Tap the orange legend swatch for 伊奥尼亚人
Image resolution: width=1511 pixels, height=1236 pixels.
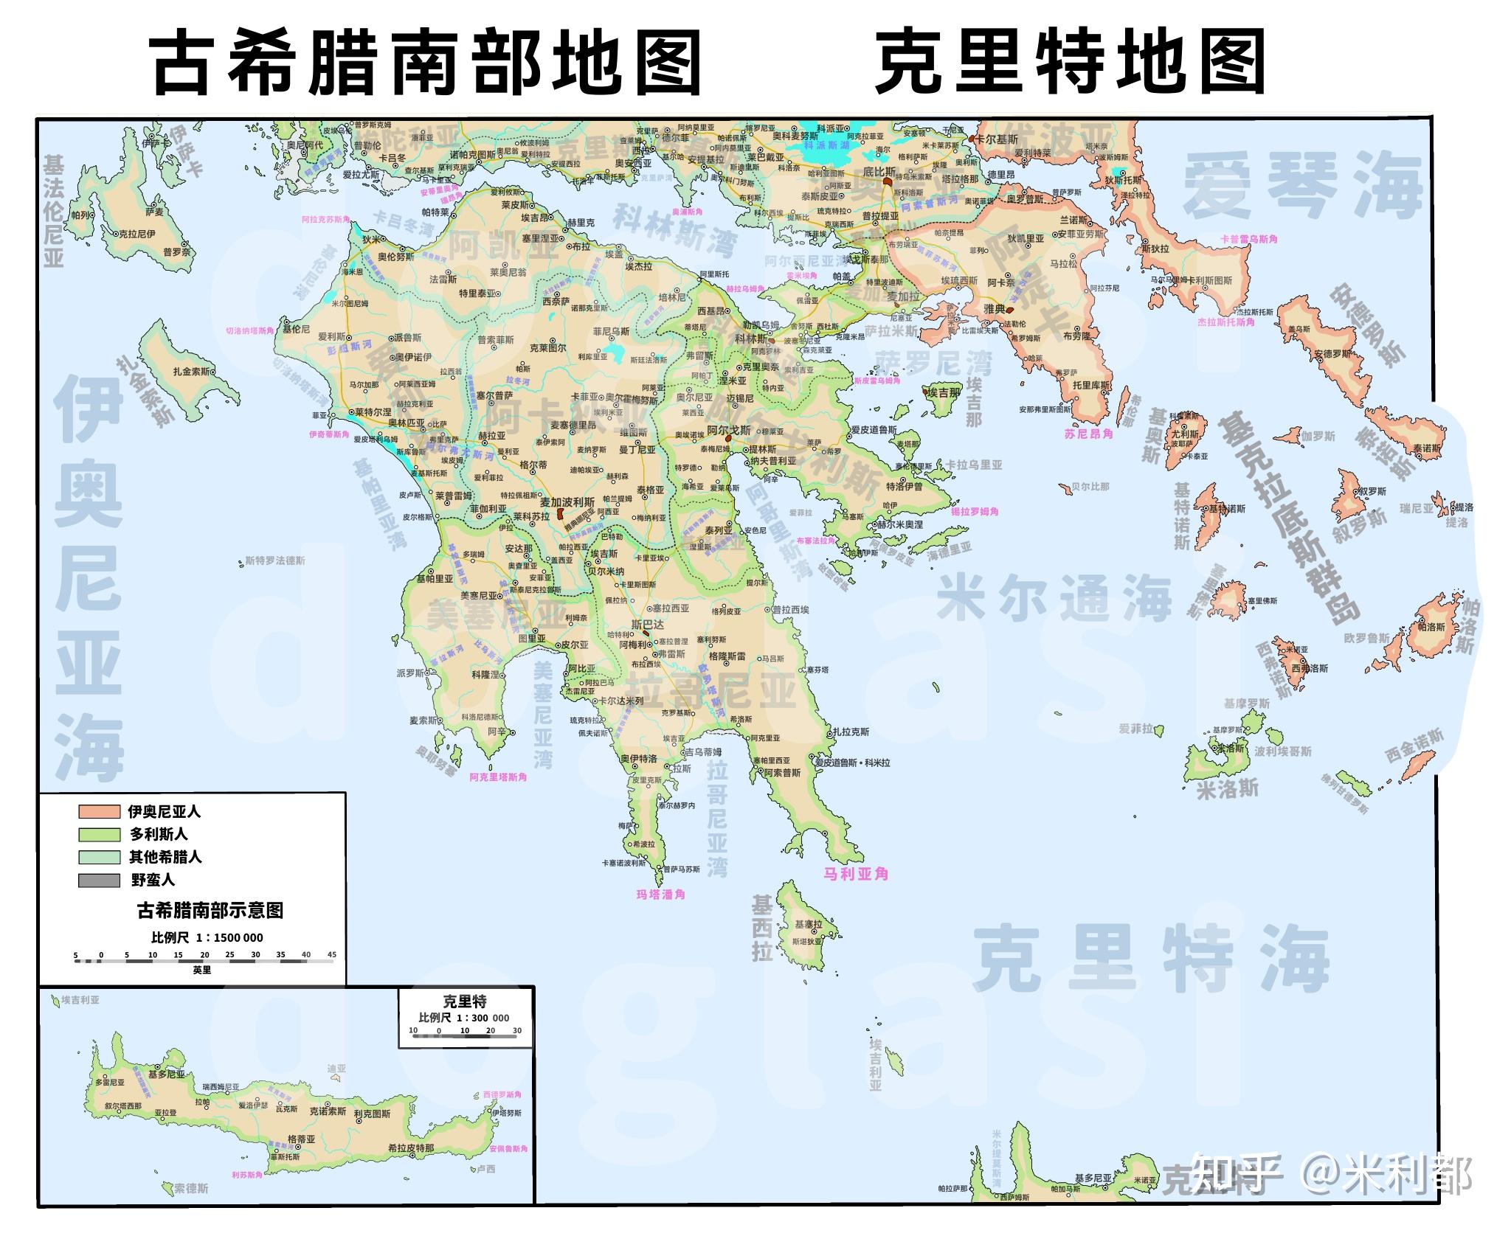click(x=99, y=811)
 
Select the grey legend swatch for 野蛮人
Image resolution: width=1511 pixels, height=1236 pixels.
click(x=99, y=880)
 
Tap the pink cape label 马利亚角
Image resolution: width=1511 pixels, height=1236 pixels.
click(x=856, y=874)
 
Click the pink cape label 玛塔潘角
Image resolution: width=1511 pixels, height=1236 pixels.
click(x=661, y=895)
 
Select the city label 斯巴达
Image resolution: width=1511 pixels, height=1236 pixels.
click(x=648, y=625)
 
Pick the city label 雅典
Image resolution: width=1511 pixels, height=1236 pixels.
click(x=995, y=310)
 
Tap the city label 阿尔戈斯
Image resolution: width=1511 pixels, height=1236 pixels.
click(x=729, y=430)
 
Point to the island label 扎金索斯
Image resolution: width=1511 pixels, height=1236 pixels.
click(x=192, y=372)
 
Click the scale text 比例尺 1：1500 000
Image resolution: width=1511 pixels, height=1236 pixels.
click(x=207, y=938)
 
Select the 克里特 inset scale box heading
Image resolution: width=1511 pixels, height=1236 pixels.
click(x=465, y=1001)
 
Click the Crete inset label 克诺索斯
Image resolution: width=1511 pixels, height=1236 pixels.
click(x=328, y=1111)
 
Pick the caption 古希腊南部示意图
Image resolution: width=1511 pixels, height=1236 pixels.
click(x=210, y=911)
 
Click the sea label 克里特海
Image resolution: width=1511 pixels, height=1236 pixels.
click(x=1151, y=959)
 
